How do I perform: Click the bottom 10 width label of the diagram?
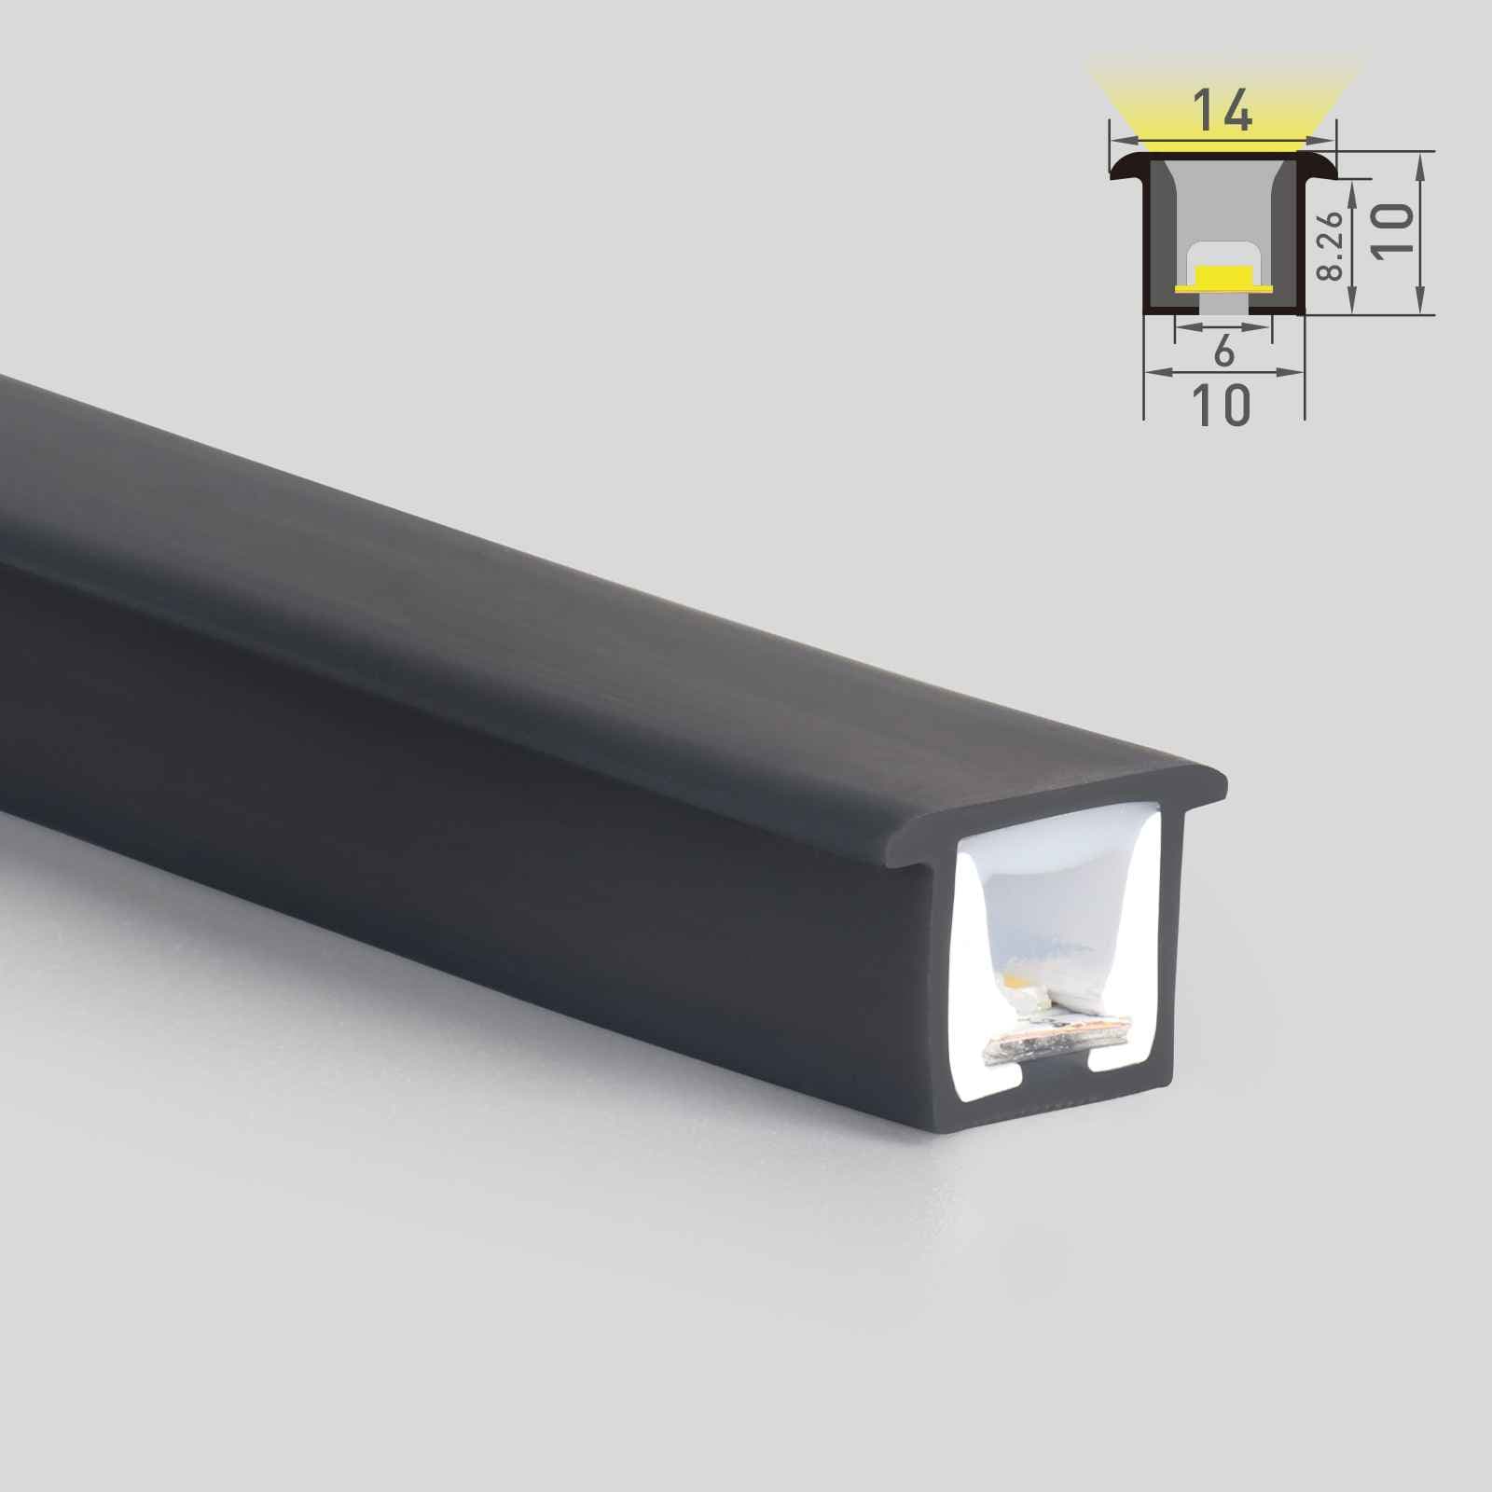(x=1221, y=405)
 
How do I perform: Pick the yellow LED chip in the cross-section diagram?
(x=1223, y=278)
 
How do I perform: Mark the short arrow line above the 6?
(x=1223, y=325)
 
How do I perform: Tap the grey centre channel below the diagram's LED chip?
(x=1223, y=302)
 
